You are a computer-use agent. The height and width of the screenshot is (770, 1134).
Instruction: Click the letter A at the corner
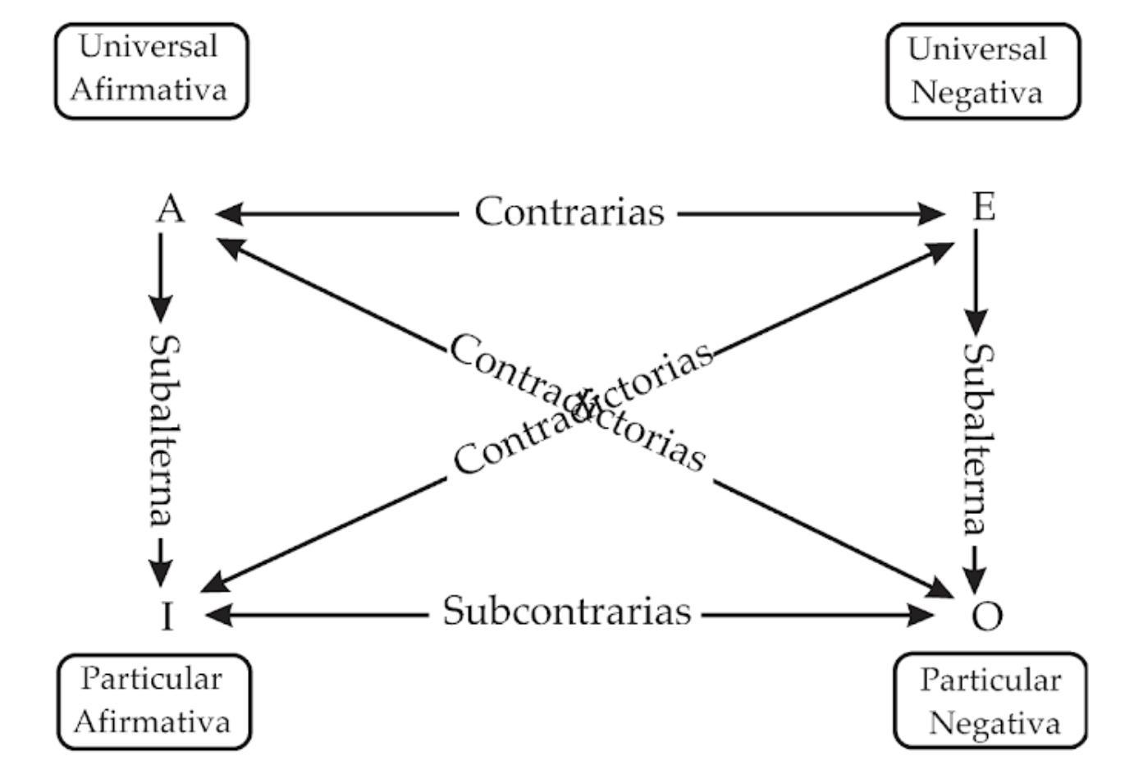click(x=171, y=209)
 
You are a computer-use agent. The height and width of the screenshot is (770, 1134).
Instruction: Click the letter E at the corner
click(x=983, y=207)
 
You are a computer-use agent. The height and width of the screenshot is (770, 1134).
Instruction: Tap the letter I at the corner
click(x=167, y=616)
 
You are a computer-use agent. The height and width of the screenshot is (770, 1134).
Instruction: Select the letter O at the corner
click(x=986, y=616)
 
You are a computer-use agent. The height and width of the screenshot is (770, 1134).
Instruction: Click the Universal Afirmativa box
click(x=150, y=71)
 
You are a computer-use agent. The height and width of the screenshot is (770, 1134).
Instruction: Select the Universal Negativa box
click(x=982, y=71)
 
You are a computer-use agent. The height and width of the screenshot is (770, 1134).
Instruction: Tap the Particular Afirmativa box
click(x=153, y=702)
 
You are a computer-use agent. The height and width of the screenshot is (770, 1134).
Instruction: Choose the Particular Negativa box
click(x=990, y=702)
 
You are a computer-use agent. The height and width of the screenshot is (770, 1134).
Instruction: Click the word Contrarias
click(x=569, y=212)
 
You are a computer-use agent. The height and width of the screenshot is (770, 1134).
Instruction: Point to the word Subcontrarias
click(x=567, y=612)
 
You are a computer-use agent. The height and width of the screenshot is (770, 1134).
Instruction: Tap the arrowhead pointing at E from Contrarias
click(x=932, y=214)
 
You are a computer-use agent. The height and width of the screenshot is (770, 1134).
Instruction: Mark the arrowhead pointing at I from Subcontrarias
click(x=217, y=614)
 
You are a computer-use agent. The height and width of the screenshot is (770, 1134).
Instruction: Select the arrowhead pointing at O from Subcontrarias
click(x=922, y=615)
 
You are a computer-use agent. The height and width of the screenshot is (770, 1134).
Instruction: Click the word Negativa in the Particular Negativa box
click(x=995, y=723)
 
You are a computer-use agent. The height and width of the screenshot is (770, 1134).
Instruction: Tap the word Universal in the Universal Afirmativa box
click(x=149, y=47)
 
